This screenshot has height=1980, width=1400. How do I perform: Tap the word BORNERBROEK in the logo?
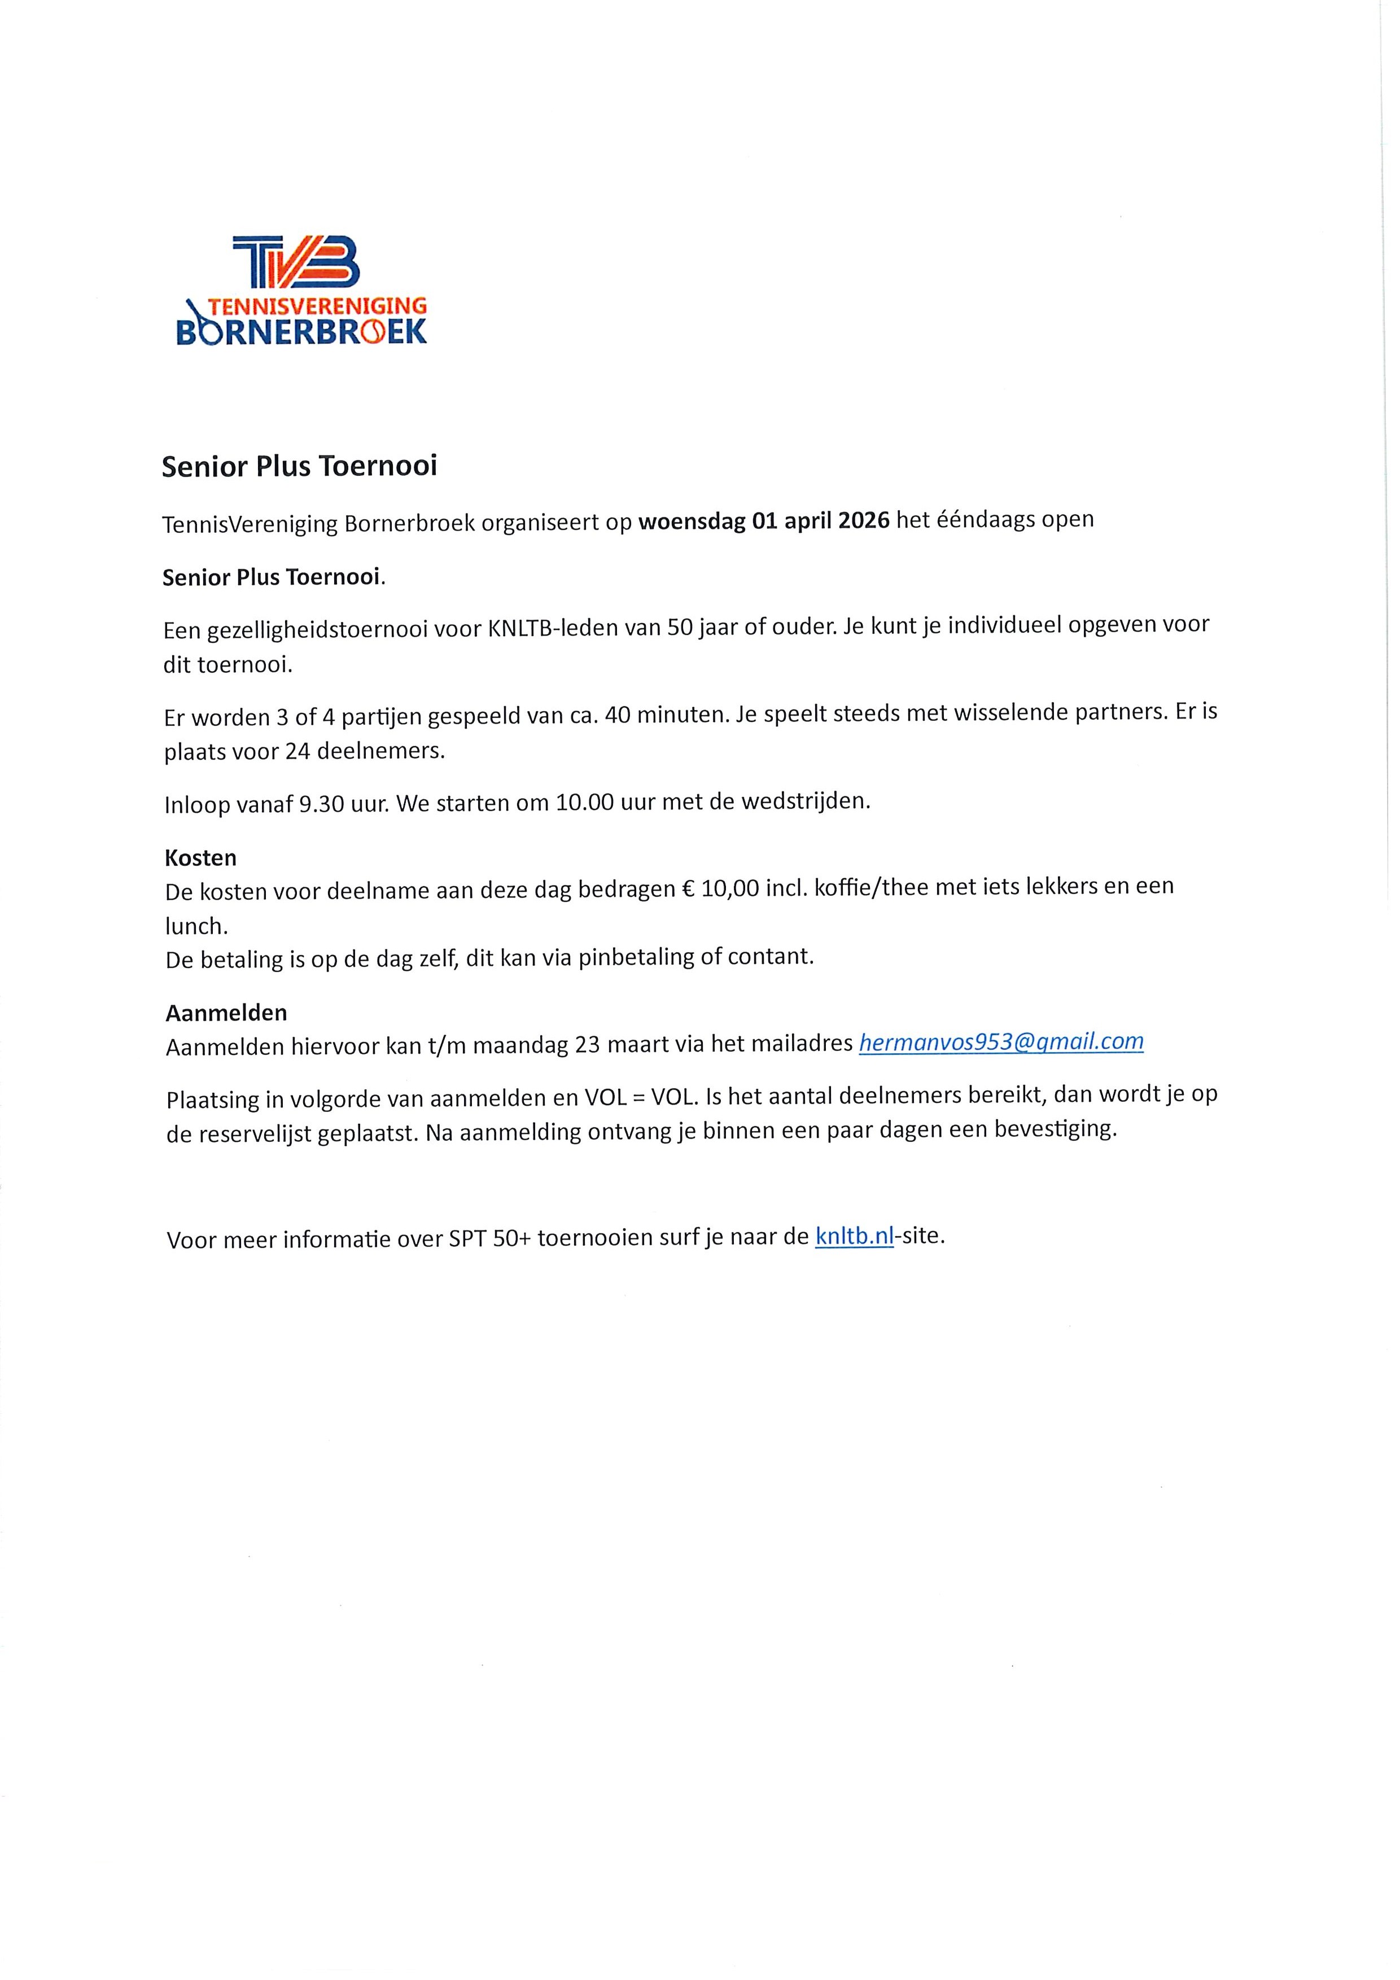[x=301, y=332]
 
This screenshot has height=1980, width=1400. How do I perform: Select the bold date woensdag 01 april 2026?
[x=763, y=522]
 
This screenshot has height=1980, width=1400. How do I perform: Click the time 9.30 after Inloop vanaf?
[x=322, y=805]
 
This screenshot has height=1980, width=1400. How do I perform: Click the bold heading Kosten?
[x=200, y=858]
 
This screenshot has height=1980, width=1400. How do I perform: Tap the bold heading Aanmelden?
[x=226, y=1013]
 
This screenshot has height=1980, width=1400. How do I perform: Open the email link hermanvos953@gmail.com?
[x=1001, y=1042]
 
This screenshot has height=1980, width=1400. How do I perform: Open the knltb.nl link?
[x=853, y=1237]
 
